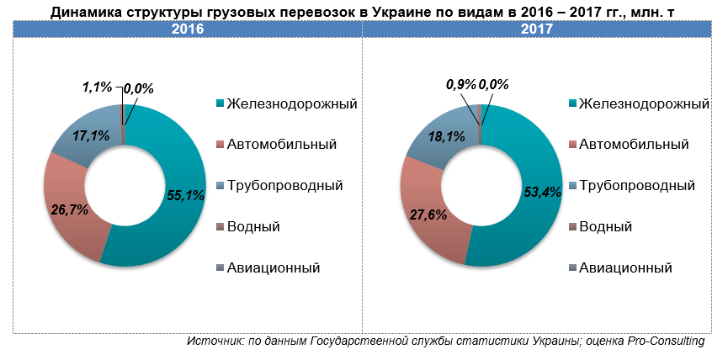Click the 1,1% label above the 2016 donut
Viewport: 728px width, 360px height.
96,86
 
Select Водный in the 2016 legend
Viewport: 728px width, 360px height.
254,227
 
